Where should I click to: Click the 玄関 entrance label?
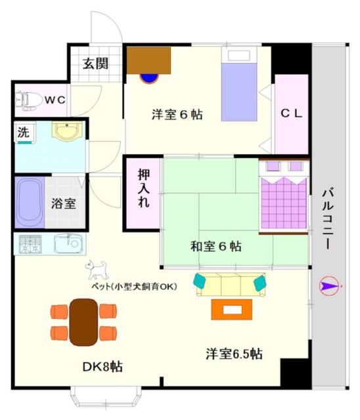pos(95,64)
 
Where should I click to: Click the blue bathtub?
pos(28,201)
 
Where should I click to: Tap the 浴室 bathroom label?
pos(64,203)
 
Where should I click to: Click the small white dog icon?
pos(97,269)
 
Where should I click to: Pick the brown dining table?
pos(83,322)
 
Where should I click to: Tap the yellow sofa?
pos(229,285)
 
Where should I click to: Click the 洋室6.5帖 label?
pos(235,354)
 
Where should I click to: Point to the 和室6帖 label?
pos(215,247)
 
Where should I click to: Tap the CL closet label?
pos(291,114)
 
